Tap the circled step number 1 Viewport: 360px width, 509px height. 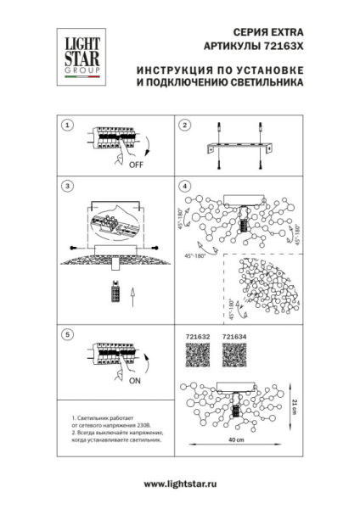(66, 125)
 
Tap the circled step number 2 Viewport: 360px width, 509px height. (183, 125)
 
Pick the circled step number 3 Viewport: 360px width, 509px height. (66, 185)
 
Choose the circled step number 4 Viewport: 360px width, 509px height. (183, 185)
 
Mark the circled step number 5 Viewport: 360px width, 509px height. (66, 334)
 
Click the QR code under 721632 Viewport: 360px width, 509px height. (197, 356)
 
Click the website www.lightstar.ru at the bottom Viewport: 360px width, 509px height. (179, 483)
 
